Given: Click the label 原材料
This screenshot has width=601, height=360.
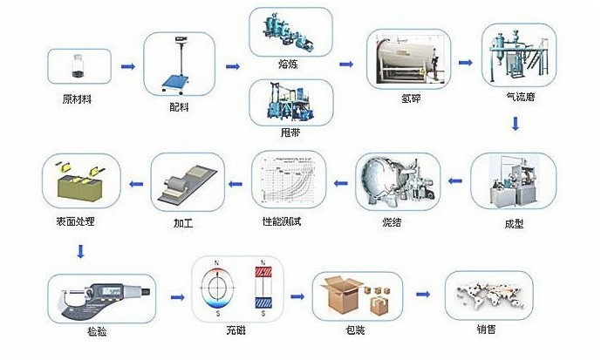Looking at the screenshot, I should pos(78,98).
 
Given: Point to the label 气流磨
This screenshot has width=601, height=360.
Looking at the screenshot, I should pos(519,98).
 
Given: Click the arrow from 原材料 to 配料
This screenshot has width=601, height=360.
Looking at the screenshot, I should pos(127,66).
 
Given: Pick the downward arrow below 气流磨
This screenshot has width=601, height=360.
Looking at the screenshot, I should pos(516,125).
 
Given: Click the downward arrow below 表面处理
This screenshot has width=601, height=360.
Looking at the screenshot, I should pos(81,252).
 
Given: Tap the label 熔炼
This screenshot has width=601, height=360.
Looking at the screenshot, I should pos(289,63).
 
